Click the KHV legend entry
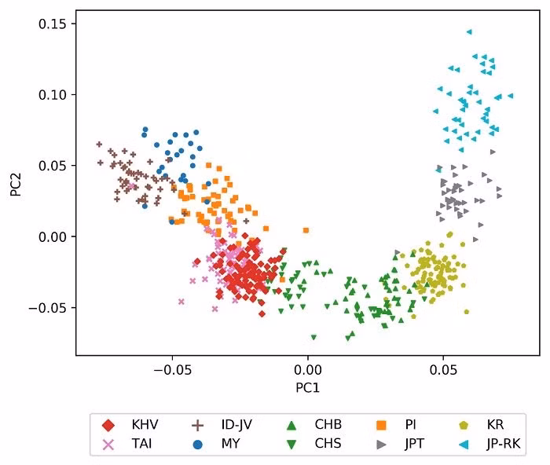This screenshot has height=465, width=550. coord(134,425)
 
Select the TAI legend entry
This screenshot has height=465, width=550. coord(132,444)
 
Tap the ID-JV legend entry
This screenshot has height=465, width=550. coord(225,425)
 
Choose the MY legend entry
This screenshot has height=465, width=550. coord(219,444)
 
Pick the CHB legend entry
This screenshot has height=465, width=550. coord(317,425)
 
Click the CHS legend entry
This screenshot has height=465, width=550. coord(317,444)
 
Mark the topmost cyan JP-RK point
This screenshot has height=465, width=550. coord(469,32)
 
